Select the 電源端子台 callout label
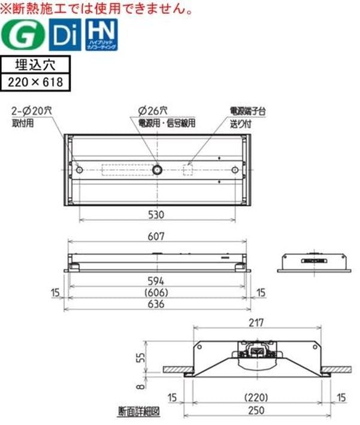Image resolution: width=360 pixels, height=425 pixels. click(x=247, y=111)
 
